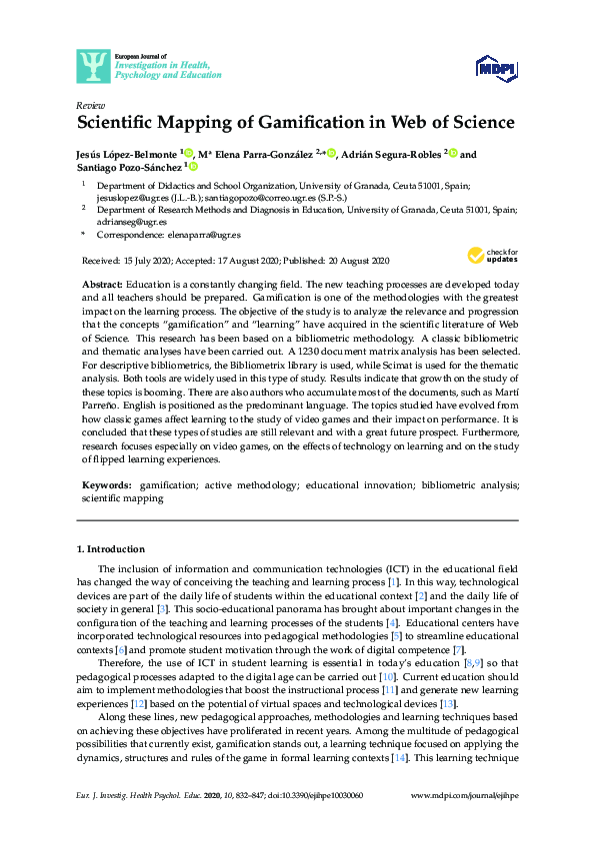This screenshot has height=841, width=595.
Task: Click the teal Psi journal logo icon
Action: [x=94, y=66]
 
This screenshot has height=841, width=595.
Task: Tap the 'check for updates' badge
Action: [x=494, y=257]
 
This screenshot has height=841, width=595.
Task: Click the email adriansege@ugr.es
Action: [x=131, y=221]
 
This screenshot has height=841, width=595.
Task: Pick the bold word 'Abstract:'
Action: [x=102, y=285]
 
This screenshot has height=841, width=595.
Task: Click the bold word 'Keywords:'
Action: [x=107, y=483]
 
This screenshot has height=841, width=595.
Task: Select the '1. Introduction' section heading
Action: [x=111, y=549]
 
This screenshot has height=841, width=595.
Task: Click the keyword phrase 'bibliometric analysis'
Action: [x=465, y=483]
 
